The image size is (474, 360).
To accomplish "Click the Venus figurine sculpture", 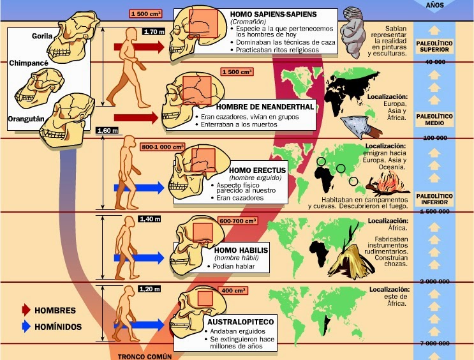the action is [351, 32].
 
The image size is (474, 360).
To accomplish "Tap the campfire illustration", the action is [387, 183].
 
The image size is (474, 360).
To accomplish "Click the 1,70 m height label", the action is [154, 31].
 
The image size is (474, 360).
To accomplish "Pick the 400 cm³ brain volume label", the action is [234, 290].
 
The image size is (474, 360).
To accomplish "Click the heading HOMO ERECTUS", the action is [257, 170].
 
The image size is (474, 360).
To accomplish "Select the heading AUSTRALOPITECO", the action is [241, 322].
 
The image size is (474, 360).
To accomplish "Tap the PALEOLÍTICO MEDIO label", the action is [434, 120].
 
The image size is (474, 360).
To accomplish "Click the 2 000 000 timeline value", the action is [434, 281].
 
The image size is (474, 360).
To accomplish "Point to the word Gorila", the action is [42, 36].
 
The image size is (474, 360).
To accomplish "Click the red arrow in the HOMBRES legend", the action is [26, 310].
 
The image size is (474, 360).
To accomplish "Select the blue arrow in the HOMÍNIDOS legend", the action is [26, 326].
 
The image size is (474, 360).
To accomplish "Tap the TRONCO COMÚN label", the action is [145, 357].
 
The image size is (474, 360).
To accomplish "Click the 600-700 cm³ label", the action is [238, 221].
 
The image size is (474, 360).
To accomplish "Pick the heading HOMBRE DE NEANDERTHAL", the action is [265, 107].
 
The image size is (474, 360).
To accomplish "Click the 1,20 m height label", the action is [150, 289].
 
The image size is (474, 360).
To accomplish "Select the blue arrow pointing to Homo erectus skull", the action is [139, 188].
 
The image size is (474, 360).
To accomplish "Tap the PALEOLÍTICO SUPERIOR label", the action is [434, 47].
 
